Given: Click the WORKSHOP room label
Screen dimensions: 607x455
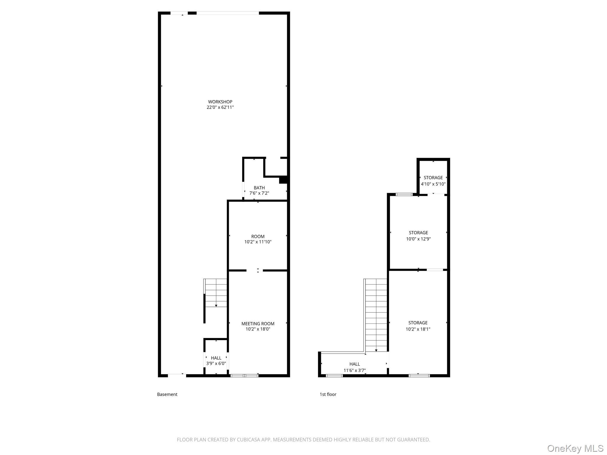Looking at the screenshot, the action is [220, 102].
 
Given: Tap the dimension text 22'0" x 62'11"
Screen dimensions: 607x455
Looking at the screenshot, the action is [220, 107].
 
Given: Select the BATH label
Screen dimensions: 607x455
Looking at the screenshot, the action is [259, 188].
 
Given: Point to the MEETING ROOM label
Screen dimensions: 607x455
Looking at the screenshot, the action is [258, 324].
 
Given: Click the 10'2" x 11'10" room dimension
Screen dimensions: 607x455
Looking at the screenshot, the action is [258, 242].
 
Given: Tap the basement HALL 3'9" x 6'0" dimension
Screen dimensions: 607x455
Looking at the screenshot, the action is [216, 363].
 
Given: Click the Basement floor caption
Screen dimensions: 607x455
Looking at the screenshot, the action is [167, 394].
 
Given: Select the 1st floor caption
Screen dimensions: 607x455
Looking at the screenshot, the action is [328, 394].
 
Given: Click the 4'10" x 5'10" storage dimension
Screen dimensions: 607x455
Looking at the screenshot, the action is [433, 184].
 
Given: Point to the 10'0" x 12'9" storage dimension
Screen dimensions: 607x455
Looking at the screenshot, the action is [418, 239].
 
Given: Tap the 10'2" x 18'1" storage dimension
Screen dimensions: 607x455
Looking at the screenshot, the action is [418, 329].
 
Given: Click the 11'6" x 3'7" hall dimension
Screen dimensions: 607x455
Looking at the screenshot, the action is [354, 370].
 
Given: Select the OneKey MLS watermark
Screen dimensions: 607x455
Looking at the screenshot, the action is [575, 449].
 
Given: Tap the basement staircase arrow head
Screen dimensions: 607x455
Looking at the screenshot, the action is [216, 306].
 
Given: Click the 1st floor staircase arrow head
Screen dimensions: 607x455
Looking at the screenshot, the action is [376, 350].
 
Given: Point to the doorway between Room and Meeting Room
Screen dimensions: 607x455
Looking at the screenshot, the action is [255, 270].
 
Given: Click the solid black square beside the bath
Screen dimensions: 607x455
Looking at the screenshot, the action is [284, 180].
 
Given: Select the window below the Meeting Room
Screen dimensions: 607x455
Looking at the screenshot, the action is [244, 376].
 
